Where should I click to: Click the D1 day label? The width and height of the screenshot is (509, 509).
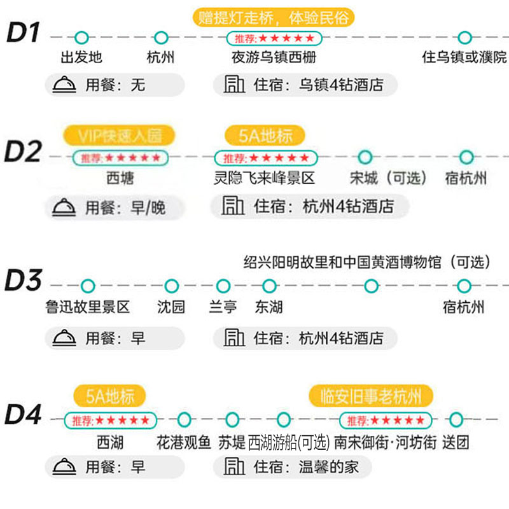(x=24, y=33)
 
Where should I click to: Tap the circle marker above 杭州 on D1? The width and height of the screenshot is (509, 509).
(x=161, y=38)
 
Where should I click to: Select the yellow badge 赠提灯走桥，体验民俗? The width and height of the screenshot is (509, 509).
(x=273, y=17)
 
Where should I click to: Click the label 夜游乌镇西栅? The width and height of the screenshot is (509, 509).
(x=274, y=57)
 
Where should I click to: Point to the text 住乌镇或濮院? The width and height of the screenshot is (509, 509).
(x=464, y=57)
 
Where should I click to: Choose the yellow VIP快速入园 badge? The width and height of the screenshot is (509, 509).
(x=119, y=136)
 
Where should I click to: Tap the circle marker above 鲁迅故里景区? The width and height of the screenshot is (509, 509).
(x=87, y=286)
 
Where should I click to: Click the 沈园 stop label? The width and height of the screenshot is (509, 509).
(x=171, y=307)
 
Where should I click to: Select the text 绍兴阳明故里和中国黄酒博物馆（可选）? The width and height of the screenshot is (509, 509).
(x=368, y=262)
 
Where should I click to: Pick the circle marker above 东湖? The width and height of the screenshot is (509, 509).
(x=268, y=286)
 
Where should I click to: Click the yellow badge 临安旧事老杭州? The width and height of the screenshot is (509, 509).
(x=371, y=396)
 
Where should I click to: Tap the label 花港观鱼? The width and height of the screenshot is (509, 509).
(x=183, y=441)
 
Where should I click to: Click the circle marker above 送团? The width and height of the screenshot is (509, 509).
(x=456, y=420)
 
